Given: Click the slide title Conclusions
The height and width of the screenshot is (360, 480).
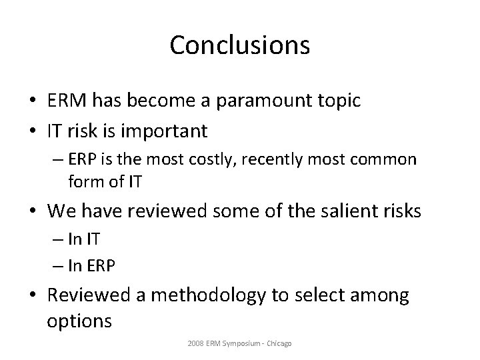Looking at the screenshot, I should pyautogui.click(x=239, y=45).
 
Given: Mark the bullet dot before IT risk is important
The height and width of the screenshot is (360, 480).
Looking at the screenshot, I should pyautogui.click(x=32, y=131).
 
